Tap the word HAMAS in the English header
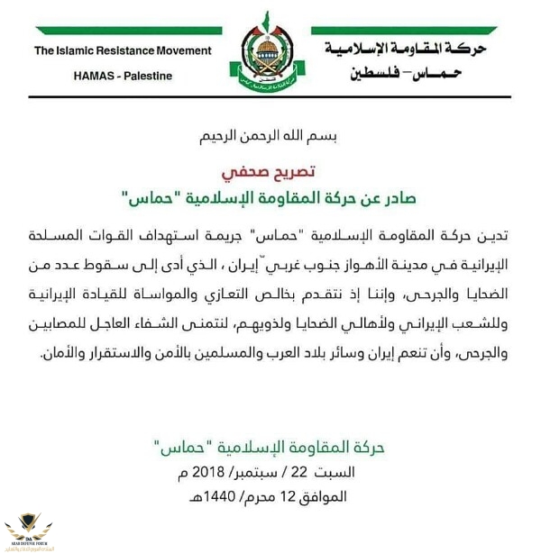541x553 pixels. click(97, 76)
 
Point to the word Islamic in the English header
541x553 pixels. click(76, 51)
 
